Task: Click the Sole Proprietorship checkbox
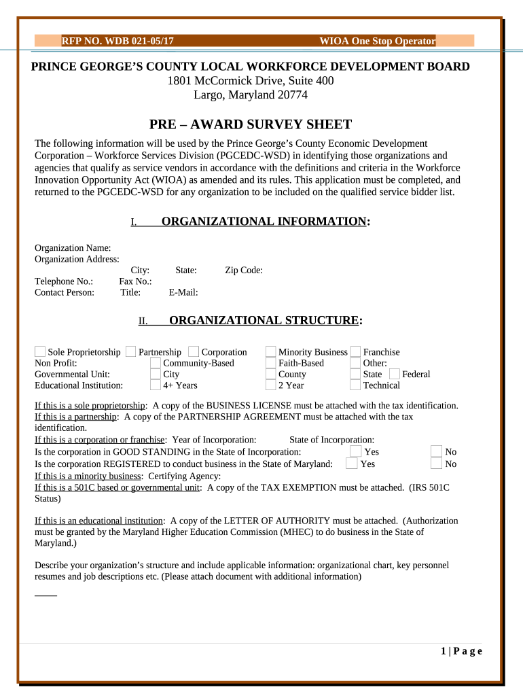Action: [40, 351]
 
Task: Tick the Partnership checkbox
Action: [130, 351]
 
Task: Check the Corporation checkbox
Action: [194, 351]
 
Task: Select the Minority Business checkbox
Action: [270, 351]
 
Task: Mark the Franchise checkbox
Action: [355, 351]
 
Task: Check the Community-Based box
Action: [156, 363]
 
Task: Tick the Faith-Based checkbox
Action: [270, 363]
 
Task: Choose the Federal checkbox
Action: [394, 374]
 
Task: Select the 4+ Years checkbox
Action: [156, 385]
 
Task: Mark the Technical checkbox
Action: [355, 385]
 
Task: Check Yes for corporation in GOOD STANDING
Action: [355, 451]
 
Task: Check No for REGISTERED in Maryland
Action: [437, 464]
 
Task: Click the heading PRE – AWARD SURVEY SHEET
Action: [251, 124]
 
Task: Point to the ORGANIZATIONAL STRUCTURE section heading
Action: [265, 321]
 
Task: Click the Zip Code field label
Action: [244, 271]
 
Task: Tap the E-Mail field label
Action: [183, 293]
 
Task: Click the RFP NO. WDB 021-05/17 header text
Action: [118, 41]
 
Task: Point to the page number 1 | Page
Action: [461, 651]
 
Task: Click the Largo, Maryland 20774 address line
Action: [251, 95]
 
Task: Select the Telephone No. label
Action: [64, 281]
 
